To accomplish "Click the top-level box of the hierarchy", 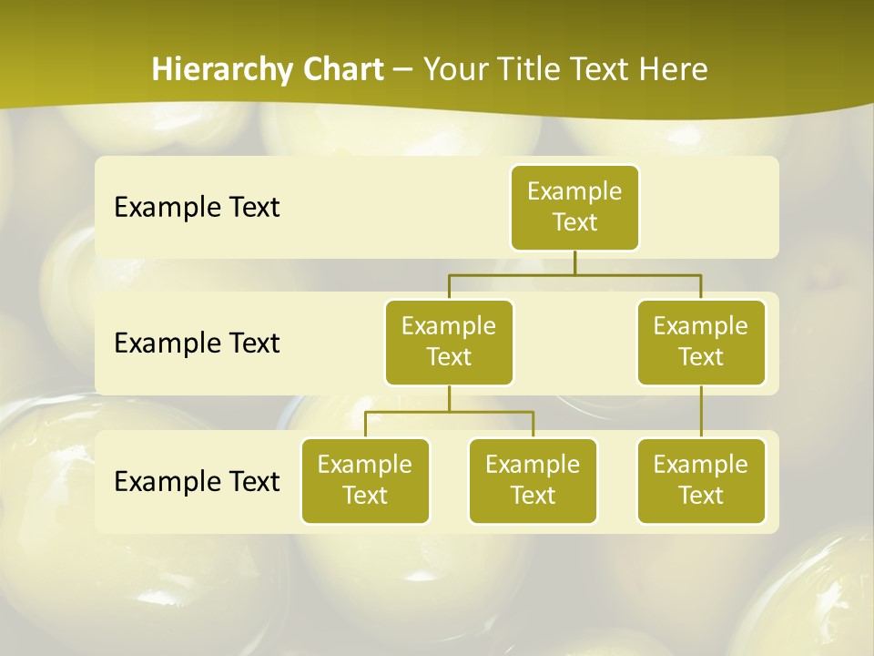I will point(574,208).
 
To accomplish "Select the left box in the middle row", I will point(449,343).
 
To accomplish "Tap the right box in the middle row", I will point(701,343).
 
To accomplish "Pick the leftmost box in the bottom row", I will point(365,481).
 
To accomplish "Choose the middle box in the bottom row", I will point(533,481).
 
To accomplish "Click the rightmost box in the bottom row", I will point(701,481).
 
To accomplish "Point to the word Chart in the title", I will point(344,69).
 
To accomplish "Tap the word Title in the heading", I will point(533,69).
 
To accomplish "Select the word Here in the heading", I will point(673,69).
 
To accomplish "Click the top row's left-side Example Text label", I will point(197,208).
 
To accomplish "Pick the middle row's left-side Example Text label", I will point(197,343).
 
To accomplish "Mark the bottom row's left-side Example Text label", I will point(197,481).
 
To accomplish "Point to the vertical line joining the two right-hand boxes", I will point(701,411).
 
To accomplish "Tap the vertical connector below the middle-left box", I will point(449,398).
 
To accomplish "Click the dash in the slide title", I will point(403,70).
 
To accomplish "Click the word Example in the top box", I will point(574,191).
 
